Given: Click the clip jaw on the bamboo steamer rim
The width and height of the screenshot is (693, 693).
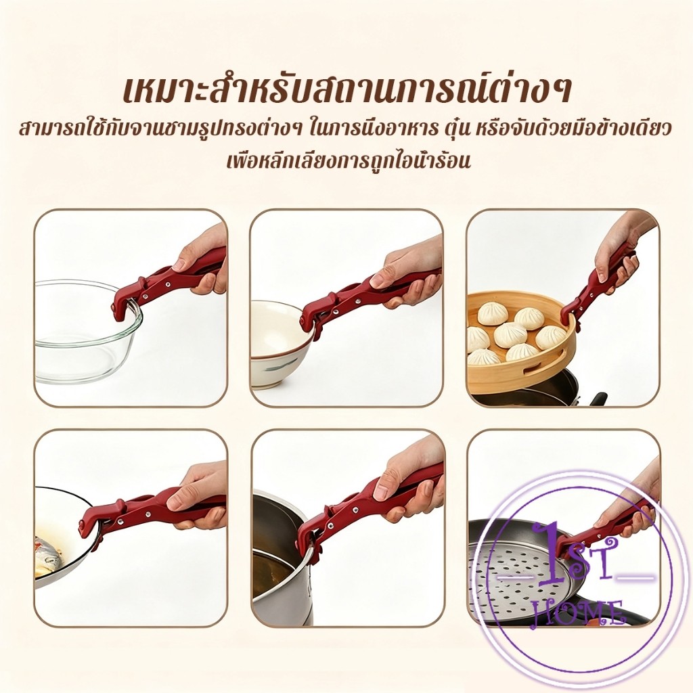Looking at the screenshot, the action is (x=570, y=315).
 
